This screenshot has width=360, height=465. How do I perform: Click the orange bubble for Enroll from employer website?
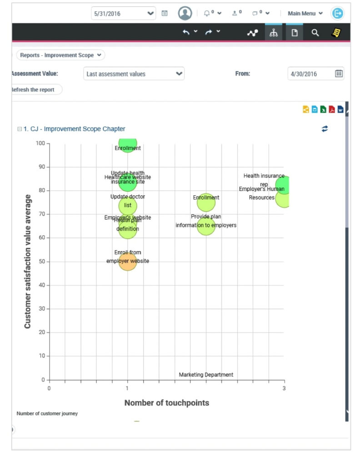click(x=128, y=262)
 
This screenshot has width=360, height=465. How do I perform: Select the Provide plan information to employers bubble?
click(x=206, y=226)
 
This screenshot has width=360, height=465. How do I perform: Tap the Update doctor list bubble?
click(x=128, y=205)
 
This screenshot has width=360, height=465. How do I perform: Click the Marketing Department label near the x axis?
click(x=206, y=375)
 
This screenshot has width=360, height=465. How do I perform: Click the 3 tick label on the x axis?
click(x=284, y=388)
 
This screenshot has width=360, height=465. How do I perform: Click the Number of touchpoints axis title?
click(x=166, y=403)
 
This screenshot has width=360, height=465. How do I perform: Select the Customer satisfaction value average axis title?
click(x=28, y=262)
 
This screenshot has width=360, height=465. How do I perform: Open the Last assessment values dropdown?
click(x=134, y=74)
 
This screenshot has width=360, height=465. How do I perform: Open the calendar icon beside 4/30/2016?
click(x=339, y=74)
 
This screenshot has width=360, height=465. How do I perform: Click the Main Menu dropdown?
click(x=305, y=13)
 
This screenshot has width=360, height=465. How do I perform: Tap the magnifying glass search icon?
click(x=315, y=33)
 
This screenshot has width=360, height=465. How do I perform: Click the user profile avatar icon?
click(x=185, y=13)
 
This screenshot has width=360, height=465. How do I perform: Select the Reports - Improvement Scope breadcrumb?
click(x=60, y=55)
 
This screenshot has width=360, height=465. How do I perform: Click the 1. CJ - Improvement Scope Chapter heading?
click(x=74, y=129)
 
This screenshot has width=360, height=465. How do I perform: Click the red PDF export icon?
click(x=332, y=109)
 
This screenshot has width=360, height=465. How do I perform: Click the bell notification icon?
click(x=207, y=13)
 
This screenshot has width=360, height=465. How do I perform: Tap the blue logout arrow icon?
click(x=337, y=13)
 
